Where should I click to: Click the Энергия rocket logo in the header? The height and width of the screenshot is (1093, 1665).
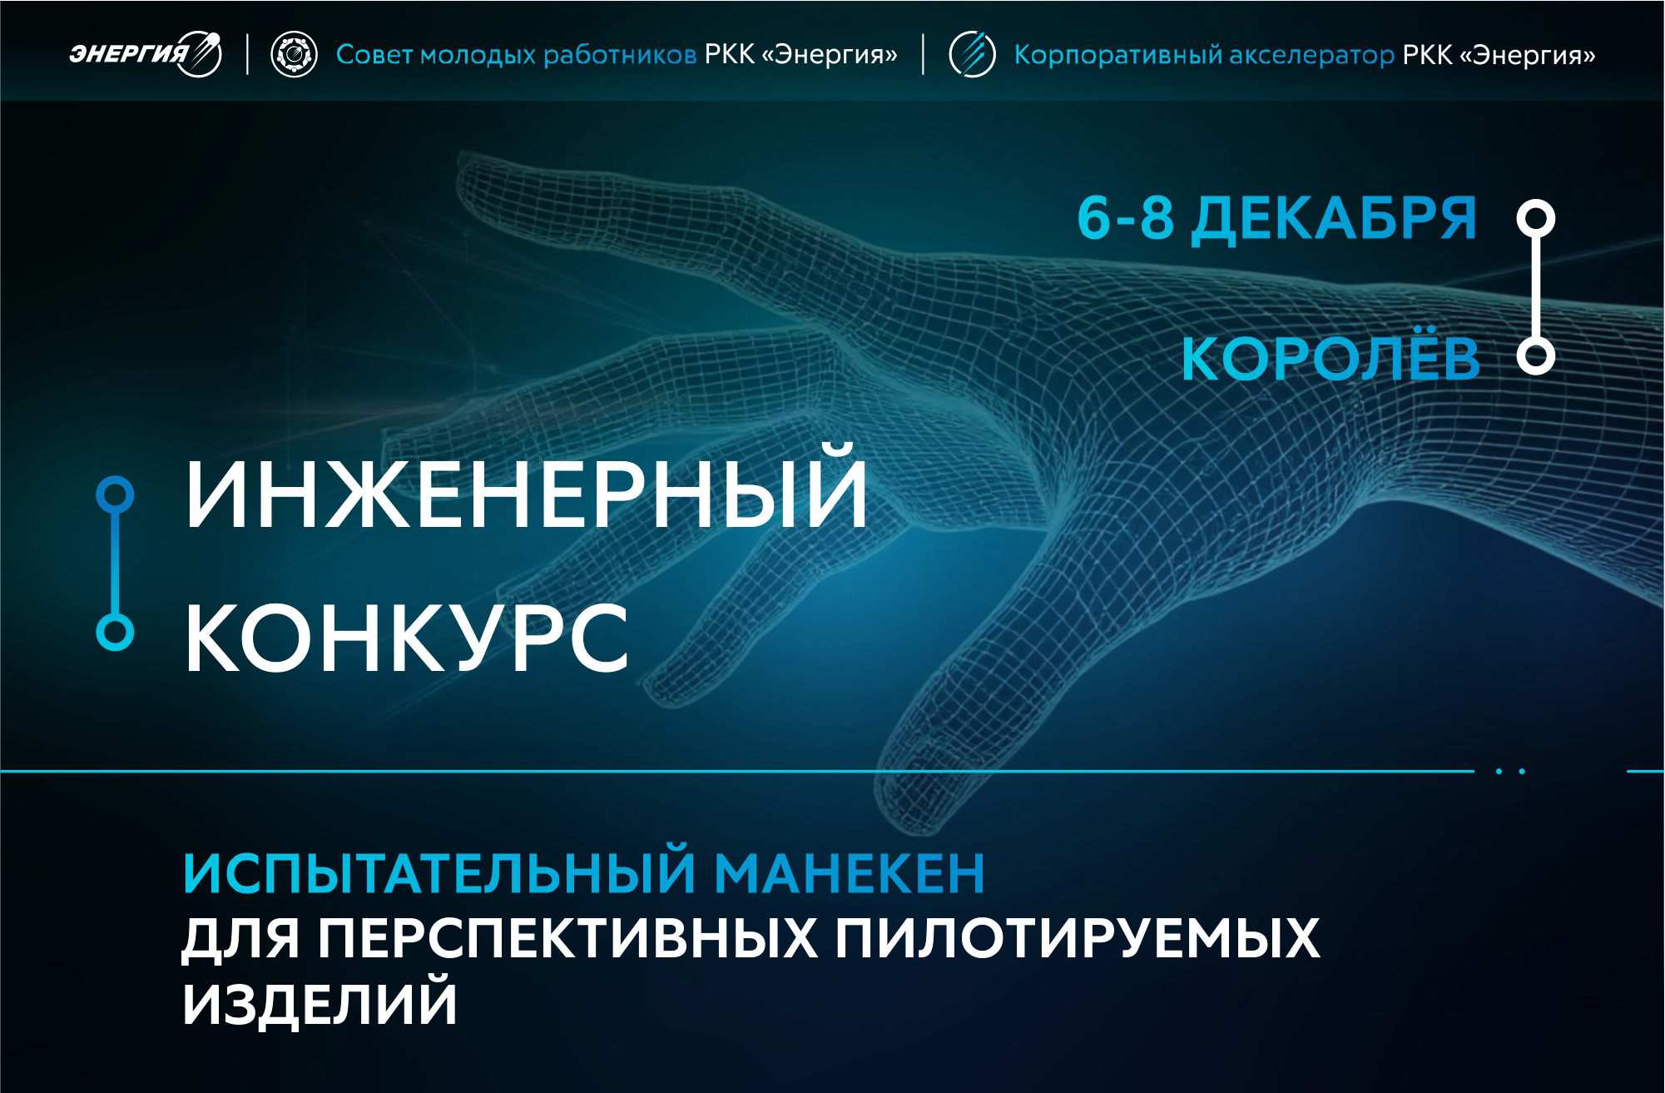click(x=146, y=55)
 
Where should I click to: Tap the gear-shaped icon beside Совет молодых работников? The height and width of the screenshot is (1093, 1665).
click(x=294, y=56)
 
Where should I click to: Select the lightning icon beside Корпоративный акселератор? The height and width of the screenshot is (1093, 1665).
click(x=972, y=55)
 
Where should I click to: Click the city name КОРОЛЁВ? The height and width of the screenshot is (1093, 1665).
click(x=1331, y=360)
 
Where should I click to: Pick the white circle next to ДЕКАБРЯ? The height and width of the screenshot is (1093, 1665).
click(x=1535, y=219)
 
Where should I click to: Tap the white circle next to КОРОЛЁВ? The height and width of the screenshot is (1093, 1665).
click(x=1535, y=356)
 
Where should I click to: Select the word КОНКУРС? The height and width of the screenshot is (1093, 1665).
click(x=406, y=638)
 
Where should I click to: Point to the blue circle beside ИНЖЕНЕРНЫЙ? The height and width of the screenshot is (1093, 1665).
click(x=115, y=494)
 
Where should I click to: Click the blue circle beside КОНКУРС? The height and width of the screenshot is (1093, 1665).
click(x=115, y=632)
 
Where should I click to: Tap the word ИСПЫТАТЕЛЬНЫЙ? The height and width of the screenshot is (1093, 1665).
click(x=439, y=872)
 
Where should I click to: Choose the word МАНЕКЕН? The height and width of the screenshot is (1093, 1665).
click(x=850, y=872)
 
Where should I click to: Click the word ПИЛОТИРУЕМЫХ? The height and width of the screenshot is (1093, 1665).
click(x=1078, y=938)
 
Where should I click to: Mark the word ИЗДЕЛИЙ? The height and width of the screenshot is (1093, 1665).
click(x=320, y=1003)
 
